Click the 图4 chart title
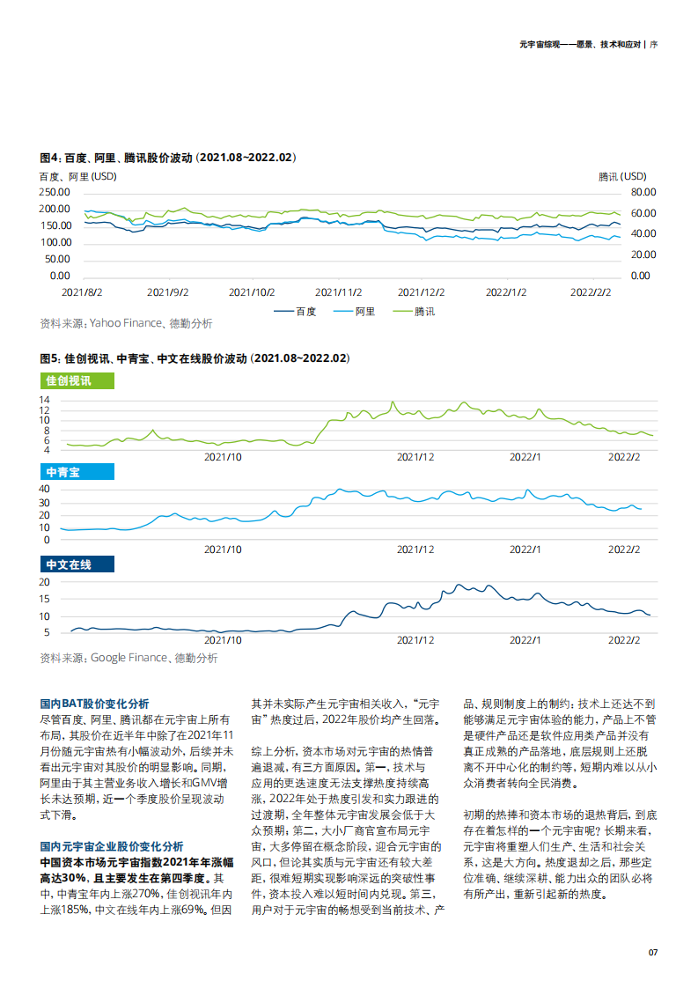click(168, 158)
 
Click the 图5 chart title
click(195, 359)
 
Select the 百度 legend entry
click(296, 311)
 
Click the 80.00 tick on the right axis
click(643, 192)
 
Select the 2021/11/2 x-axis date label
click(338, 291)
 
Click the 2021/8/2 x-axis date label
click(82, 291)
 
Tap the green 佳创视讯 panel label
click(77, 381)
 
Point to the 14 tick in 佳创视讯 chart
click(44, 400)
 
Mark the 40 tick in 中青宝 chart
click(44, 490)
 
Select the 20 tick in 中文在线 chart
click(44, 582)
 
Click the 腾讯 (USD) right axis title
click(622, 176)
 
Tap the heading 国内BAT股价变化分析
click(94, 704)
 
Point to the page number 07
click(652, 952)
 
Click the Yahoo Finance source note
click(126, 323)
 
